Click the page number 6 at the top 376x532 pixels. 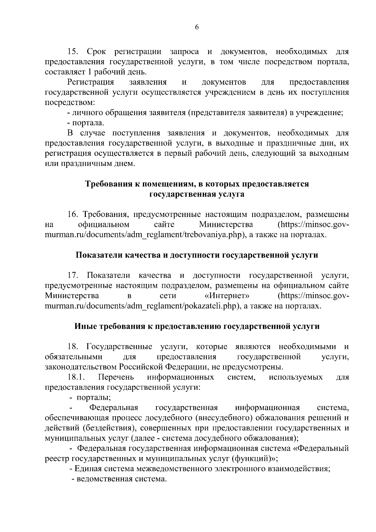click(197, 27)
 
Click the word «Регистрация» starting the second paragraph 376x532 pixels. click(91, 82)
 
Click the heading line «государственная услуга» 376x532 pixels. click(197, 194)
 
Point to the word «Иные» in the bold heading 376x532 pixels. click(86, 326)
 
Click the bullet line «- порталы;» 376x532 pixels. click(90, 398)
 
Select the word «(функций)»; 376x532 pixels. click(255, 459)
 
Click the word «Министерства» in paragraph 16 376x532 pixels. click(226, 225)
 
